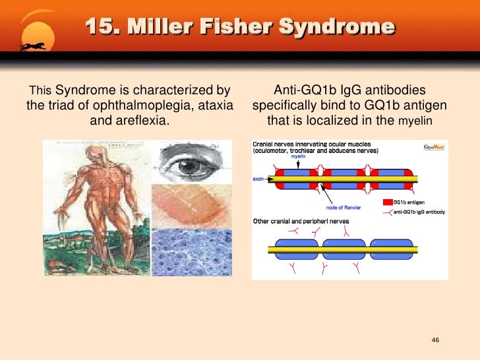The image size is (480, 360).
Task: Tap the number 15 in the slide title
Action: (x=100, y=28)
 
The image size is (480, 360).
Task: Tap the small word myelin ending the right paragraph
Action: (x=419, y=122)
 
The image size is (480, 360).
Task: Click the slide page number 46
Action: (x=435, y=340)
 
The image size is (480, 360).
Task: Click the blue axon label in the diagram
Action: (x=258, y=178)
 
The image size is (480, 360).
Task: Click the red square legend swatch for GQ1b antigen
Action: (x=388, y=202)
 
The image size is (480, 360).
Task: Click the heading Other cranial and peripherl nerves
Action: (x=301, y=221)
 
